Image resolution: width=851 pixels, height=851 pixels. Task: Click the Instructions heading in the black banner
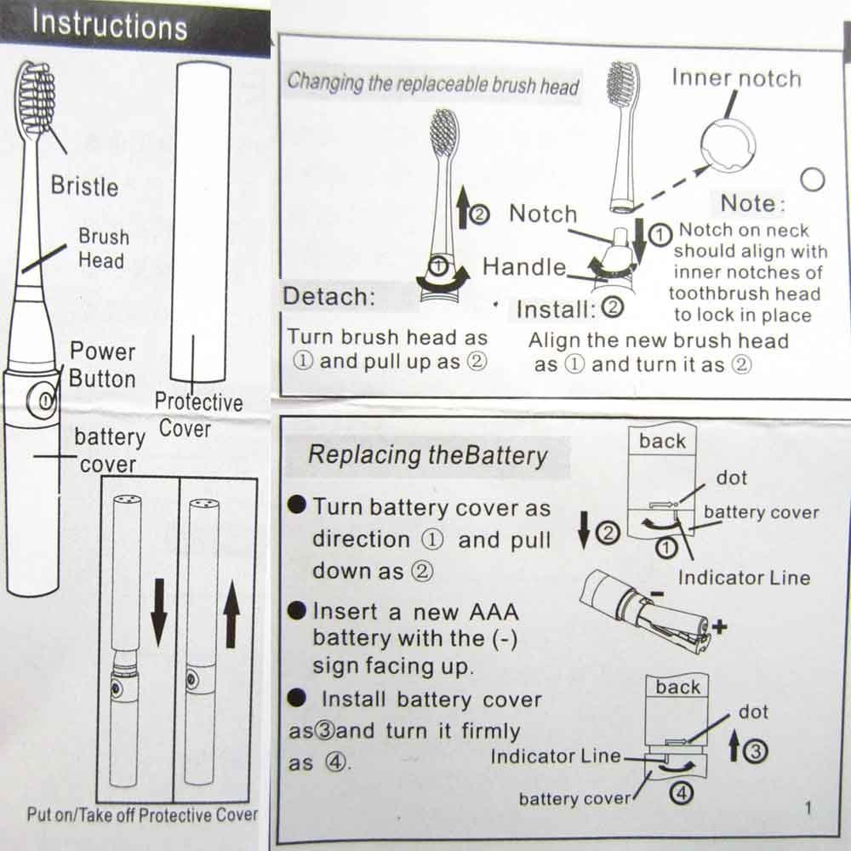pyautogui.click(x=109, y=26)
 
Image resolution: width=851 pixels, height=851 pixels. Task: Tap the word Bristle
pyautogui.click(x=84, y=186)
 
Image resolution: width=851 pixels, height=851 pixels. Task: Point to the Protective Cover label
pyautogui.click(x=197, y=414)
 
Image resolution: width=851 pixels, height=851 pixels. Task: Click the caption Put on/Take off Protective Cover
pyautogui.click(x=141, y=814)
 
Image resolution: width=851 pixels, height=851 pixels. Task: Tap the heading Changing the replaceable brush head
pyautogui.click(x=432, y=84)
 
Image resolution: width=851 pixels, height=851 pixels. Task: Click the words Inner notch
pyautogui.click(x=736, y=79)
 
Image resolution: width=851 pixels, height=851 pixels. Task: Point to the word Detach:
pyautogui.click(x=328, y=297)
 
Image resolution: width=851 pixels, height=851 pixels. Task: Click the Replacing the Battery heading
pyautogui.click(x=427, y=455)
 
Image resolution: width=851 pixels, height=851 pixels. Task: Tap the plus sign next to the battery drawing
pyautogui.click(x=721, y=628)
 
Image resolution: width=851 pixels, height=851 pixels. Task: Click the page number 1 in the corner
pyautogui.click(x=808, y=808)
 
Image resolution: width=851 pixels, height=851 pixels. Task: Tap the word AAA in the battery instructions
pyautogui.click(x=494, y=612)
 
